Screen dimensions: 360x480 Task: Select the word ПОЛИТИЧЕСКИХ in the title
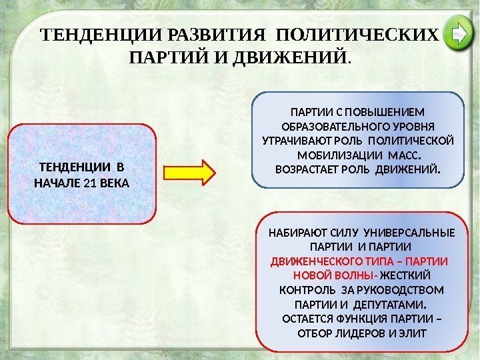(357, 33)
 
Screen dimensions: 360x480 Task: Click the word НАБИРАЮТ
(293, 233)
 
